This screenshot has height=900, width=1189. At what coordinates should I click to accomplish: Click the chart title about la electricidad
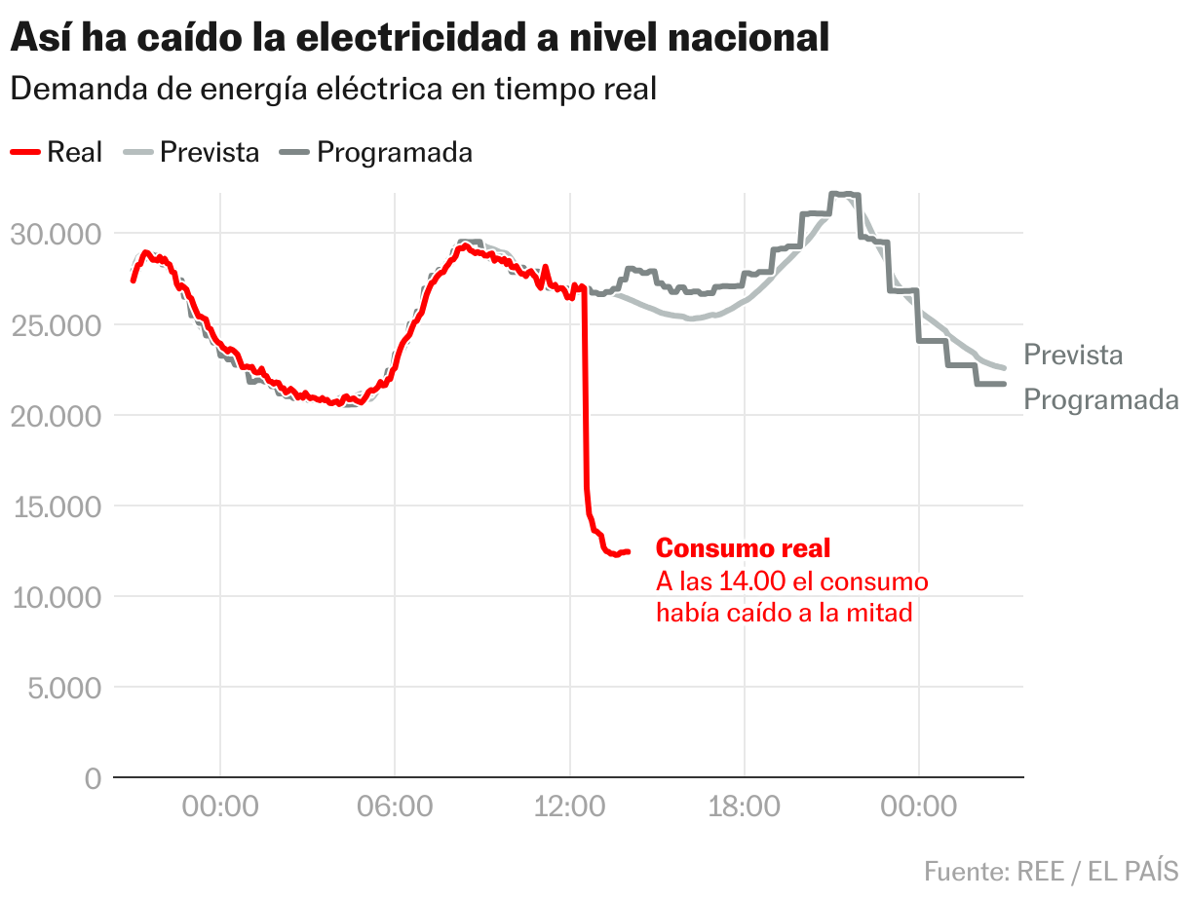(x=419, y=38)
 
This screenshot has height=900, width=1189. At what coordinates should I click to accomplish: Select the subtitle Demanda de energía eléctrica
(x=333, y=89)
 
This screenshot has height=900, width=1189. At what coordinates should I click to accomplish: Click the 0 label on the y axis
(x=93, y=777)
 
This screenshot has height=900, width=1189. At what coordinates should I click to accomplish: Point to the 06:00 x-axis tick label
(x=395, y=806)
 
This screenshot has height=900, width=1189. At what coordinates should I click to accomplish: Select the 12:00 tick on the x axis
(x=569, y=806)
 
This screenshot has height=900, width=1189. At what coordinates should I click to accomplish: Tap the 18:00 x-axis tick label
(x=744, y=806)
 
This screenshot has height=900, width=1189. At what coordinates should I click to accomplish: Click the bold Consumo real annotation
(x=743, y=548)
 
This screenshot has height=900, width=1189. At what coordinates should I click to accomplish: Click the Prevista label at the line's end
(x=1073, y=356)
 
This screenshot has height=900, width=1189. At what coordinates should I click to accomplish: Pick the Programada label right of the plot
(x=1101, y=400)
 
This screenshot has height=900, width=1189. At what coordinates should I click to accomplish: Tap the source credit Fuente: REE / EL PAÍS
(x=1051, y=870)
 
